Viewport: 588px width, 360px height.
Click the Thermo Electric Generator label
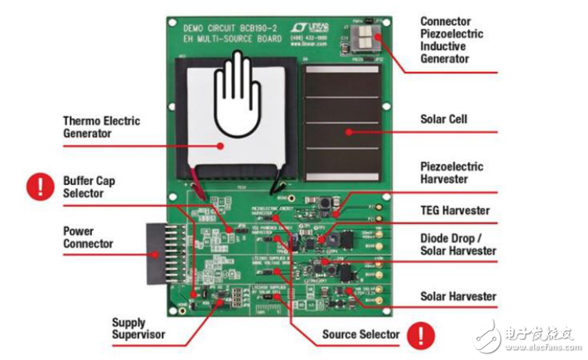click(x=102, y=127)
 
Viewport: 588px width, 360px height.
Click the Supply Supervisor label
click(x=139, y=328)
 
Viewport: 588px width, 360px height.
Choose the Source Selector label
click(x=361, y=334)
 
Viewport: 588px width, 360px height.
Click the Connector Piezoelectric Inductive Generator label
click(x=451, y=40)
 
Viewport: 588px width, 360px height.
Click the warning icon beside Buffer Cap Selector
click(x=36, y=187)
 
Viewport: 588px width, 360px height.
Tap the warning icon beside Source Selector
click(x=422, y=335)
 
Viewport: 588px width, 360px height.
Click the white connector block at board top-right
click(x=365, y=37)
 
